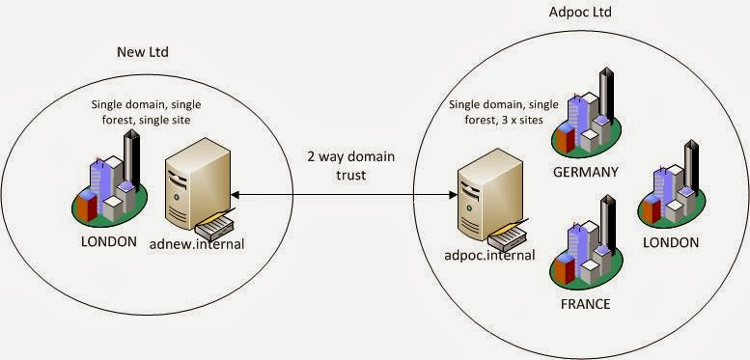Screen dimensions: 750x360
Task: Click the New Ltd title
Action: point(143,52)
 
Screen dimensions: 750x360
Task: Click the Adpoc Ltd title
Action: point(580,12)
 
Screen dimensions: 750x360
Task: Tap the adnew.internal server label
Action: point(197,244)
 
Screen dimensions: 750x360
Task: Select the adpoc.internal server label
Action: point(489,255)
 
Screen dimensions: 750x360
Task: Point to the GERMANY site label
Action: point(586,172)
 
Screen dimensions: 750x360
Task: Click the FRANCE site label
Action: point(586,304)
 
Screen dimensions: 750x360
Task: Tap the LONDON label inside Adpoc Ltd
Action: point(671,242)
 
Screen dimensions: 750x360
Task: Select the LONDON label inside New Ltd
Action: point(109,241)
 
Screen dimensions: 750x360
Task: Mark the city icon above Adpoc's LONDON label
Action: point(671,183)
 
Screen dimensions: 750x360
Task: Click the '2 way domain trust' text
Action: point(350,165)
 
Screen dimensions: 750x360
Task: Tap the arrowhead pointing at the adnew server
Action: point(234,195)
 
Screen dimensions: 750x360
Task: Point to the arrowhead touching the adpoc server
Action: point(454,195)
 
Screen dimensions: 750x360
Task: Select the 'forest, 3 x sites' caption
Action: point(503,120)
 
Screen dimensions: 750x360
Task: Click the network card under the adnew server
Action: point(214,226)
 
